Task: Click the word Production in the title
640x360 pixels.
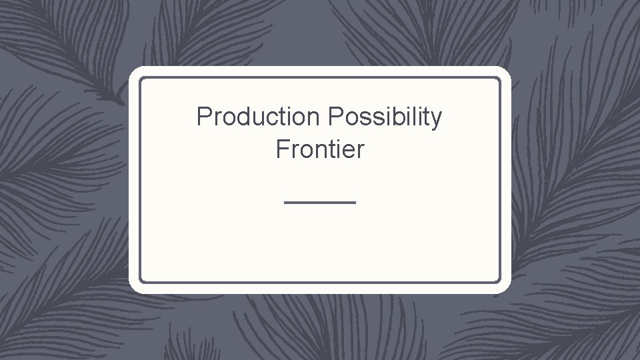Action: point(258,117)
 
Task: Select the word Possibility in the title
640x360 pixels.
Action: point(385,117)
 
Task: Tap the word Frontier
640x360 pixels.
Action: point(320,149)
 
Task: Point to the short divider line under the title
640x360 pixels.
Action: point(320,201)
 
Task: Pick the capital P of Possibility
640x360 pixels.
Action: point(335,117)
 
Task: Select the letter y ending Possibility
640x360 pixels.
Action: point(436,120)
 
